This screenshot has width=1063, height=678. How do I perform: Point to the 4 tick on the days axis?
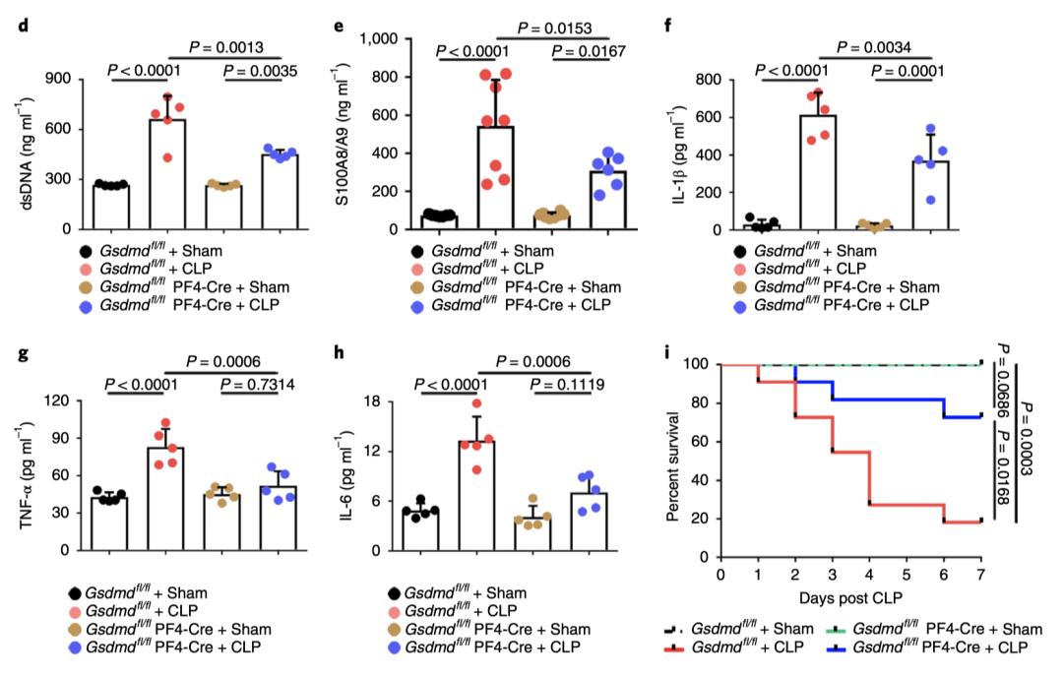[x=870, y=574]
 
